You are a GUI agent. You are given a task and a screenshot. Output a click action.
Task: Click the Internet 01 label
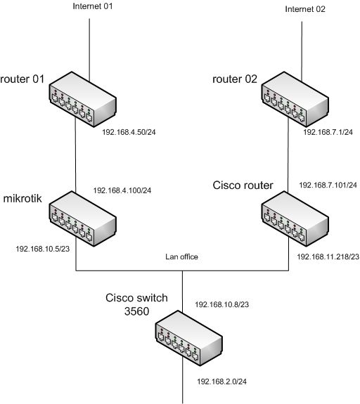pyautogui.click(x=93, y=6)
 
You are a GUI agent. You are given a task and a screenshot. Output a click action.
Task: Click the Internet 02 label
pyautogui.click(x=305, y=9)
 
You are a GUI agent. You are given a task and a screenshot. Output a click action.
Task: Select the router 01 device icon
pyautogui.click(x=82, y=100)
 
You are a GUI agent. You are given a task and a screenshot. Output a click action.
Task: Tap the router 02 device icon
pyautogui.click(x=295, y=100)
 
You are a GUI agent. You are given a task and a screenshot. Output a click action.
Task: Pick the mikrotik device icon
pyautogui.click(x=82, y=219)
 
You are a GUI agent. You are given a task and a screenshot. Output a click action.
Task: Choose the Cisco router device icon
pyautogui.click(x=295, y=219)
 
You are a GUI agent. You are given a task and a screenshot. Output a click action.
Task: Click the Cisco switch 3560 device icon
pyautogui.click(x=188, y=338)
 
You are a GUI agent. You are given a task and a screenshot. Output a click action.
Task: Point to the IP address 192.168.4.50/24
pyautogui.click(x=129, y=132)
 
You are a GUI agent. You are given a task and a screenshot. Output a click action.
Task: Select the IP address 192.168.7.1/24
pyautogui.click(x=328, y=132)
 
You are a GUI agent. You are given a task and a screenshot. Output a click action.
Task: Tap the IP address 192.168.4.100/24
pyautogui.click(x=122, y=190)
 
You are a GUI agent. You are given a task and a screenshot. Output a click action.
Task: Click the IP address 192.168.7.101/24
pyautogui.click(x=328, y=185)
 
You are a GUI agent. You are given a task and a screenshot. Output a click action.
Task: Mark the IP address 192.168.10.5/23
pyautogui.click(x=43, y=249)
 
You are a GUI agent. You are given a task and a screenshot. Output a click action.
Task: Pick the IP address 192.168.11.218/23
pyautogui.click(x=328, y=256)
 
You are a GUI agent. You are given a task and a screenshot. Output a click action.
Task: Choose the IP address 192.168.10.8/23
pyautogui.click(x=221, y=304)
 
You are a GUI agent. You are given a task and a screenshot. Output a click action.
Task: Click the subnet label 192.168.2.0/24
pyautogui.click(x=221, y=382)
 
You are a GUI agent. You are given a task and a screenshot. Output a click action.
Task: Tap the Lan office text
pyautogui.click(x=182, y=256)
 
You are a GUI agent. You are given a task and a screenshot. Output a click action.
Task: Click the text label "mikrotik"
pyautogui.click(x=22, y=198)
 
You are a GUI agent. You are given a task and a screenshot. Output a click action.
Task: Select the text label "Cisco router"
pyautogui.click(x=243, y=185)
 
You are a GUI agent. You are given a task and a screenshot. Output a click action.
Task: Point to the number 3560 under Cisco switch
pyautogui.click(x=136, y=311)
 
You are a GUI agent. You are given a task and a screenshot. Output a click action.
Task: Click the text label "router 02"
pyautogui.click(x=235, y=79)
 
